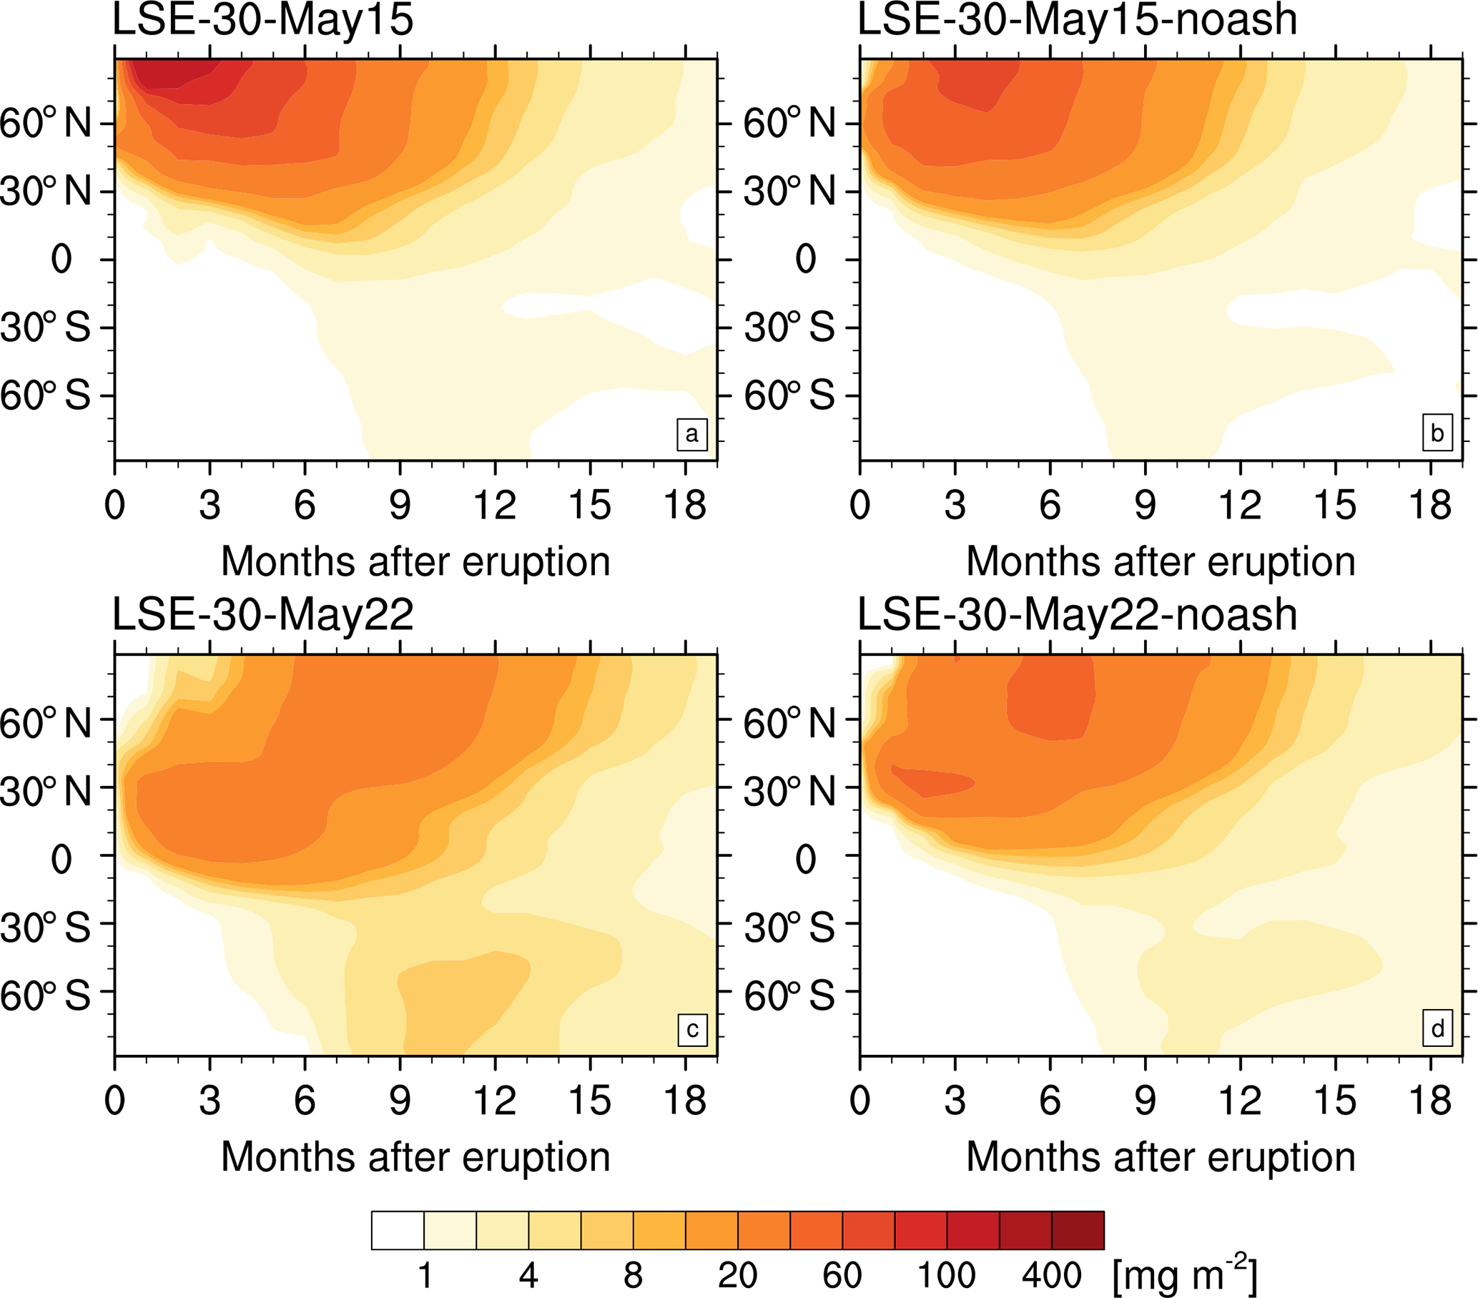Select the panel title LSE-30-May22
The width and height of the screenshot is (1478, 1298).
pyautogui.click(x=263, y=615)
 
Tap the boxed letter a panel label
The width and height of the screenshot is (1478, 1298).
pyautogui.click(x=692, y=434)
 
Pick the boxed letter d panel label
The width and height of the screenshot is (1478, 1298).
pyautogui.click(x=1437, y=1028)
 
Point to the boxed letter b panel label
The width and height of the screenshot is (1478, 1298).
pyautogui.click(x=1437, y=434)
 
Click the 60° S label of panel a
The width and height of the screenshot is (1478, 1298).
pyautogui.click(x=46, y=395)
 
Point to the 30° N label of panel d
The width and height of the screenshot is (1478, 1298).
pyautogui.click(x=789, y=791)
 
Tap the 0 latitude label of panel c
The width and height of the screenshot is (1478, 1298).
pyautogui.click(x=61, y=860)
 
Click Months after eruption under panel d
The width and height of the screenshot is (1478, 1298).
pyautogui.click(x=1161, y=1156)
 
